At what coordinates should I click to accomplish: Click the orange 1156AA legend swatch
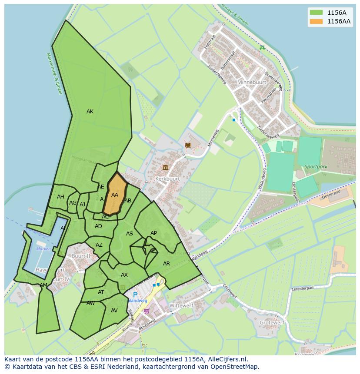(x=316, y=21)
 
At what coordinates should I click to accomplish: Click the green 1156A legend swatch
(x=316, y=12)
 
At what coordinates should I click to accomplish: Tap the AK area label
(x=90, y=112)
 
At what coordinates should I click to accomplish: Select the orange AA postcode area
(x=115, y=195)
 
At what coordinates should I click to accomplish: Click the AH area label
(x=60, y=197)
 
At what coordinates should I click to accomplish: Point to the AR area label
(x=167, y=264)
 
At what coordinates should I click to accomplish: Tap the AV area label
(x=114, y=311)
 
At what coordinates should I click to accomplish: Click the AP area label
(x=153, y=233)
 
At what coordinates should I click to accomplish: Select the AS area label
(x=130, y=234)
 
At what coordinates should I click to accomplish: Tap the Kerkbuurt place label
(x=167, y=179)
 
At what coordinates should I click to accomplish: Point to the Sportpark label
(x=316, y=166)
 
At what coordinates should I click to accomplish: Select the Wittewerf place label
(x=181, y=306)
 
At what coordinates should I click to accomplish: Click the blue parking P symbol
(x=135, y=295)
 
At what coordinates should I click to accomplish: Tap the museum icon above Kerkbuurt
(x=165, y=168)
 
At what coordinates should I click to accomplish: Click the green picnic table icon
(x=262, y=47)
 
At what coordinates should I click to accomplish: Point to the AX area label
(x=124, y=275)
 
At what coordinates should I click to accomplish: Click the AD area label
(x=98, y=226)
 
